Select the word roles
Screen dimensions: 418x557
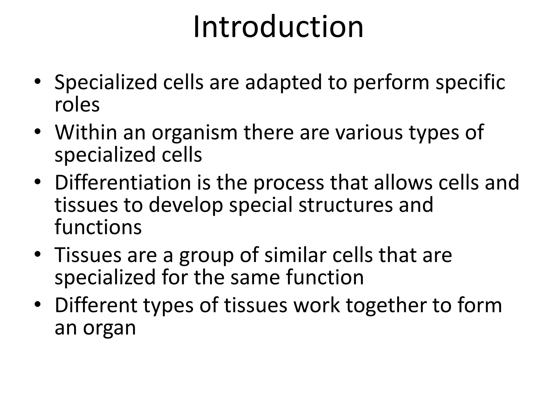pyautogui.click(x=77, y=104)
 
